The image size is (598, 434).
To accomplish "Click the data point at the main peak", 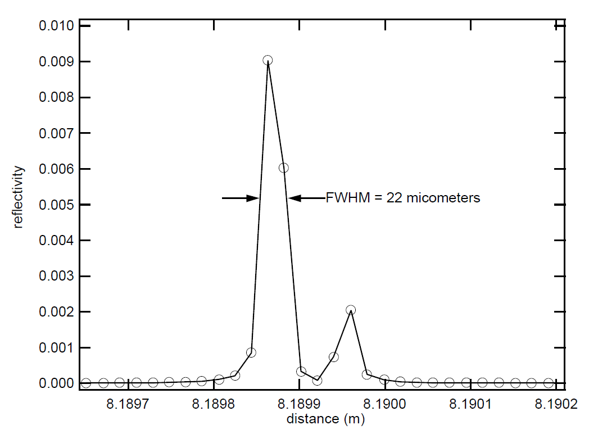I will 268,60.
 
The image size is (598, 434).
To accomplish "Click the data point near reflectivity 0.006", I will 284,168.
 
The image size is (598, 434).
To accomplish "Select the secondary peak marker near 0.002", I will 351,310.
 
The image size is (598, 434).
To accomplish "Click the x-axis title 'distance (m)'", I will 325,419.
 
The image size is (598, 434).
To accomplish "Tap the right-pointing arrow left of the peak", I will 241,198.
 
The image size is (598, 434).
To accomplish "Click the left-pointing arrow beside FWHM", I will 306,198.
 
